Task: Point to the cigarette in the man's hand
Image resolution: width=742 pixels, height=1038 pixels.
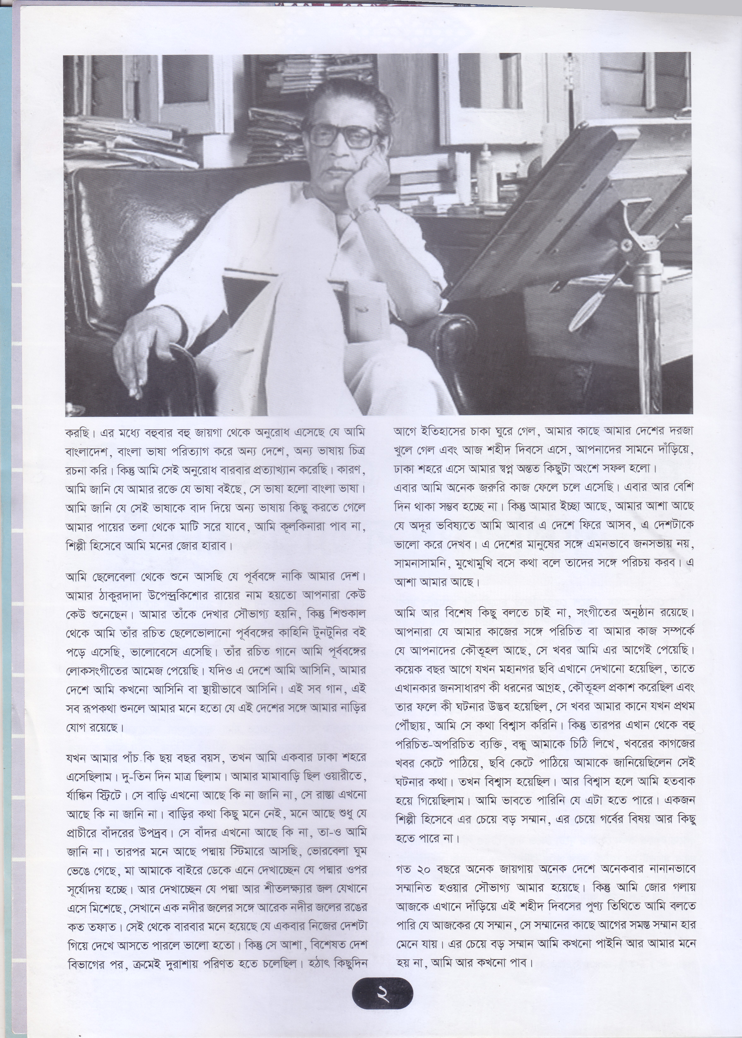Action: (x=132, y=392)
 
